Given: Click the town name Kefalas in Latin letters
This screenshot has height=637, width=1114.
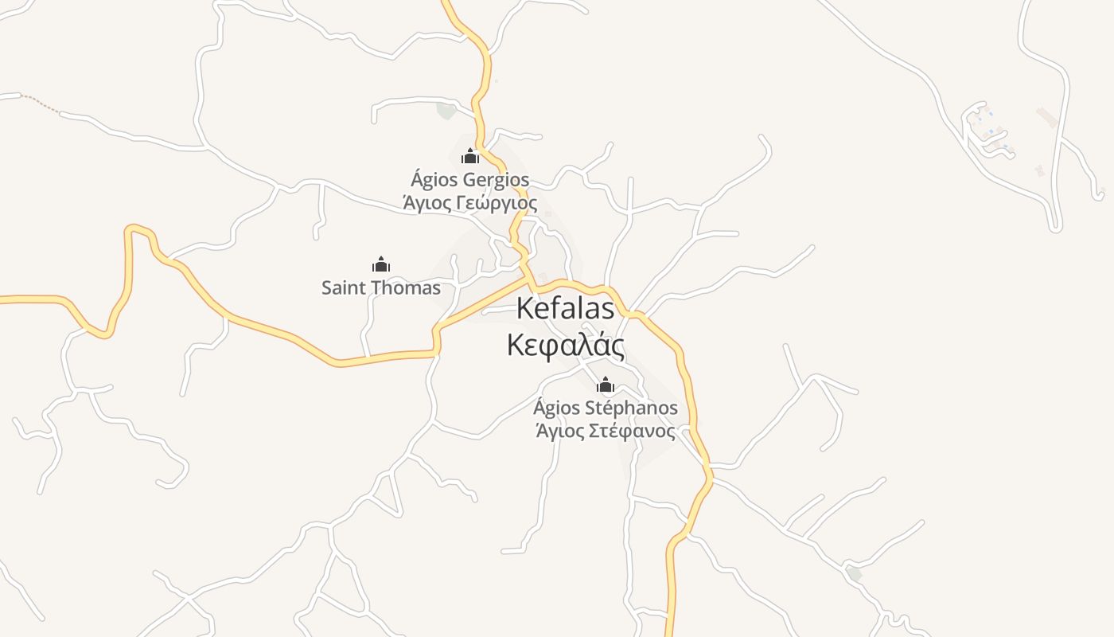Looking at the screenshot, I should (566, 309).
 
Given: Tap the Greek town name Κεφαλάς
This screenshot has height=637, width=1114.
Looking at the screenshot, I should (566, 346).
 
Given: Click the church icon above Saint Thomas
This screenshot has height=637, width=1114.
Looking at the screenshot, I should (381, 264).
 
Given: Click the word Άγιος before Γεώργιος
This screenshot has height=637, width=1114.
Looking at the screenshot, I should (423, 203).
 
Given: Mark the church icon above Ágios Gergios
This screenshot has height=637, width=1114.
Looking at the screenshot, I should (470, 156).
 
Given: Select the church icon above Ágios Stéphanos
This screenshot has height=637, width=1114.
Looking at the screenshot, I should (606, 386).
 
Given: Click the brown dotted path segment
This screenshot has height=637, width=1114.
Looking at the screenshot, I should (41, 103).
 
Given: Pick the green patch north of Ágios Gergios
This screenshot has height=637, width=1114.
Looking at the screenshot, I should (446, 111).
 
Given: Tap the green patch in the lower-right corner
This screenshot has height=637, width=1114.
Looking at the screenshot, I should (854, 573).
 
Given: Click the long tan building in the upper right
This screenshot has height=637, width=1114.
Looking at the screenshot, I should (1047, 118).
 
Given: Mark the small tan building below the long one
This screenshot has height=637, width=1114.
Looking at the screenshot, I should (1038, 170).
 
